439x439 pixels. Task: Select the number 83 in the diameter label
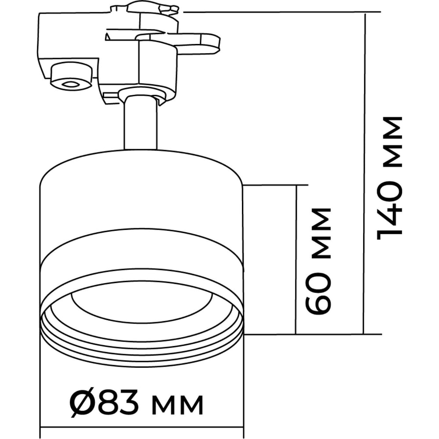(119, 404)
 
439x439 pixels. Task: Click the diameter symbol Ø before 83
(83, 404)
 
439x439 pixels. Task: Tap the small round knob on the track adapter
(71, 76)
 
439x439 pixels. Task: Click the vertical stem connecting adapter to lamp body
(140, 123)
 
